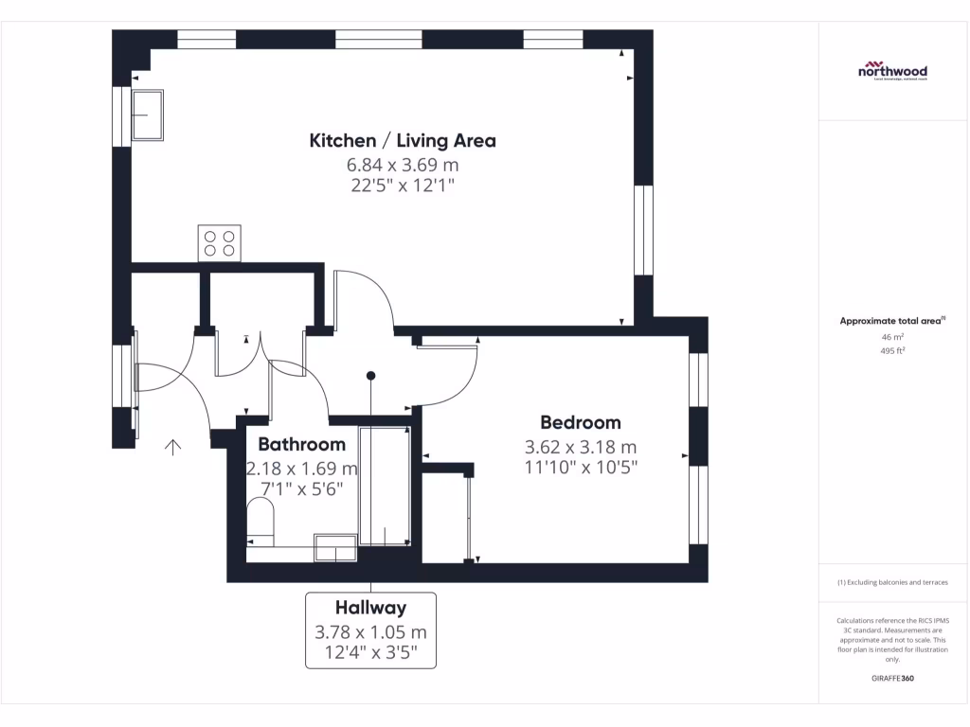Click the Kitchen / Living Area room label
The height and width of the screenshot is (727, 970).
click(x=403, y=141)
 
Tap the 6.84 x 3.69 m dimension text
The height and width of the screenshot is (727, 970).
click(x=403, y=165)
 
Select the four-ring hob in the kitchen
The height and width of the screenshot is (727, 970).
click(x=219, y=242)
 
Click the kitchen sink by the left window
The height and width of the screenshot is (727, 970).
click(x=147, y=114)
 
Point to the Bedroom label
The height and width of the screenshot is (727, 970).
click(x=580, y=423)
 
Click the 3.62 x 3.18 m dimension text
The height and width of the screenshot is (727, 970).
click(x=580, y=447)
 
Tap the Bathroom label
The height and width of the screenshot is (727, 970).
click(x=301, y=444)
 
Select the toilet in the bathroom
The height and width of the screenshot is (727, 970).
click(x=260, y=522)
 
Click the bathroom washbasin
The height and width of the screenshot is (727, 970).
click(x=335, y=547)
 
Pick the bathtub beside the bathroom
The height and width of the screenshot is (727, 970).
click(x=384, y=488)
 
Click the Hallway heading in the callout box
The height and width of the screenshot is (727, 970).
click(x=370, y=609)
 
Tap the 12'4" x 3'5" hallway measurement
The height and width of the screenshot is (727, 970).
click(x=370, y=652)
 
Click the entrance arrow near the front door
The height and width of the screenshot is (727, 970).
click(x=173, y=448)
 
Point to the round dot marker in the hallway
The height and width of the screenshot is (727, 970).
click(x=371, y=376)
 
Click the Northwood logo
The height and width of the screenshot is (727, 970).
click(x=892, y=72)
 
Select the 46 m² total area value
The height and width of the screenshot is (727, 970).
click(x=892, y=337)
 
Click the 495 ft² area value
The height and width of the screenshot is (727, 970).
click(x=892, y=351)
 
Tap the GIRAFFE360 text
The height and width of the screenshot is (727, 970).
click(x=892, y=679)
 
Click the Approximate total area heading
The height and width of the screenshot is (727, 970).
click(x=891, y=322)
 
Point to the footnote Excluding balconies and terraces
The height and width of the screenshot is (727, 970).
click(x=891, y=583)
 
